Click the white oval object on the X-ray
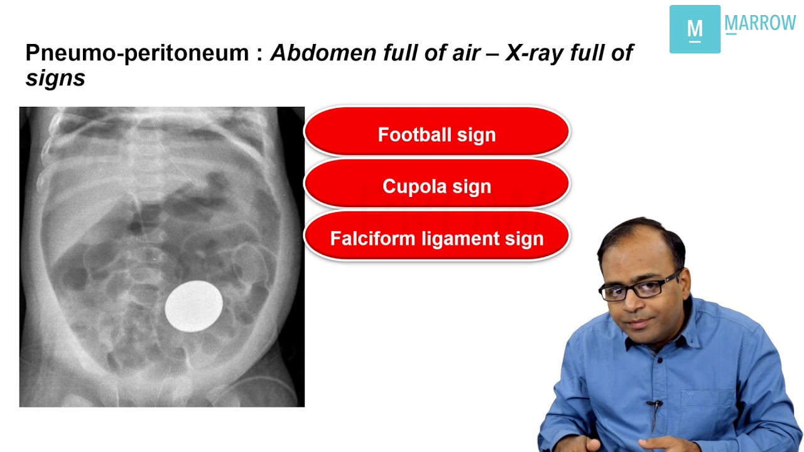point(193,306)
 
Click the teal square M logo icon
point(695,30)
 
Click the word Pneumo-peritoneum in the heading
point(137,53)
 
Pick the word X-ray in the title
point(534,53)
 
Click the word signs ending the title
point(55,78)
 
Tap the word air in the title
point(469,53)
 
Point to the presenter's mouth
point(638,324)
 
